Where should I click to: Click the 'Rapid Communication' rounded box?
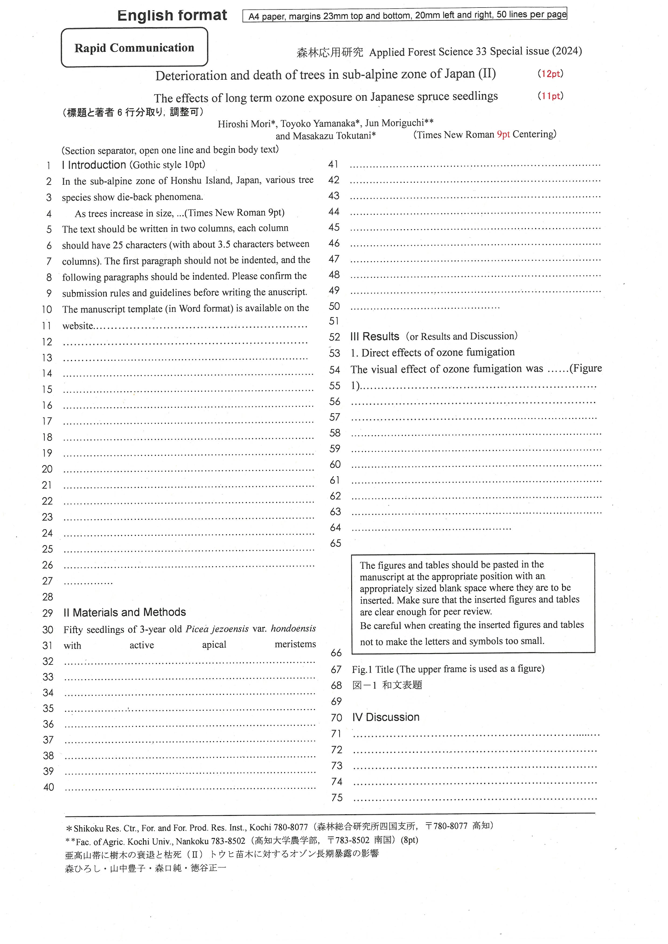point(134,48)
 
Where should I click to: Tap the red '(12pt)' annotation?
point(550,73)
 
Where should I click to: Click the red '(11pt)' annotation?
point(550,96)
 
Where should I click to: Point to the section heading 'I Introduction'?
point(94,165)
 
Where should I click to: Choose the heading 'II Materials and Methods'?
point(125,612)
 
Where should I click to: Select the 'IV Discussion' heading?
point(385,717)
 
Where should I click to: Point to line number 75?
point(337,798)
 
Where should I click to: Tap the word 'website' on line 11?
point(78,326)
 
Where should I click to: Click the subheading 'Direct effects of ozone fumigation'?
point(438,352)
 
